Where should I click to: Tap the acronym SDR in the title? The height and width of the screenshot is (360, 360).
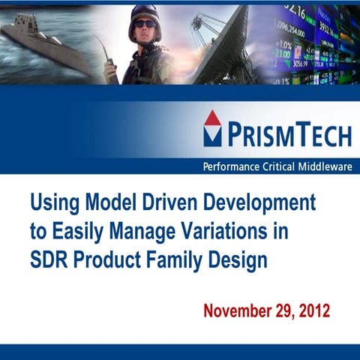[x=47, y=262]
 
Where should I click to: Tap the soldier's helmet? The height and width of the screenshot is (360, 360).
[x=145, y=13]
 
